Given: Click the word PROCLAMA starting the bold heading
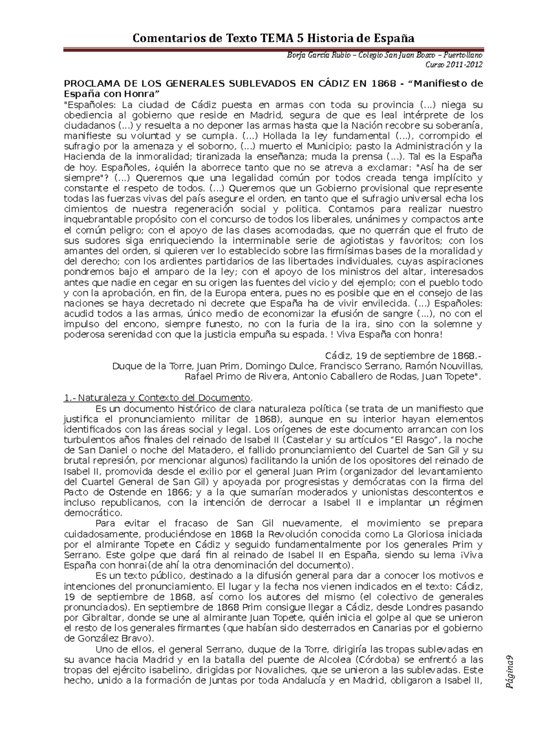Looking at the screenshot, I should pos(89,84).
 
